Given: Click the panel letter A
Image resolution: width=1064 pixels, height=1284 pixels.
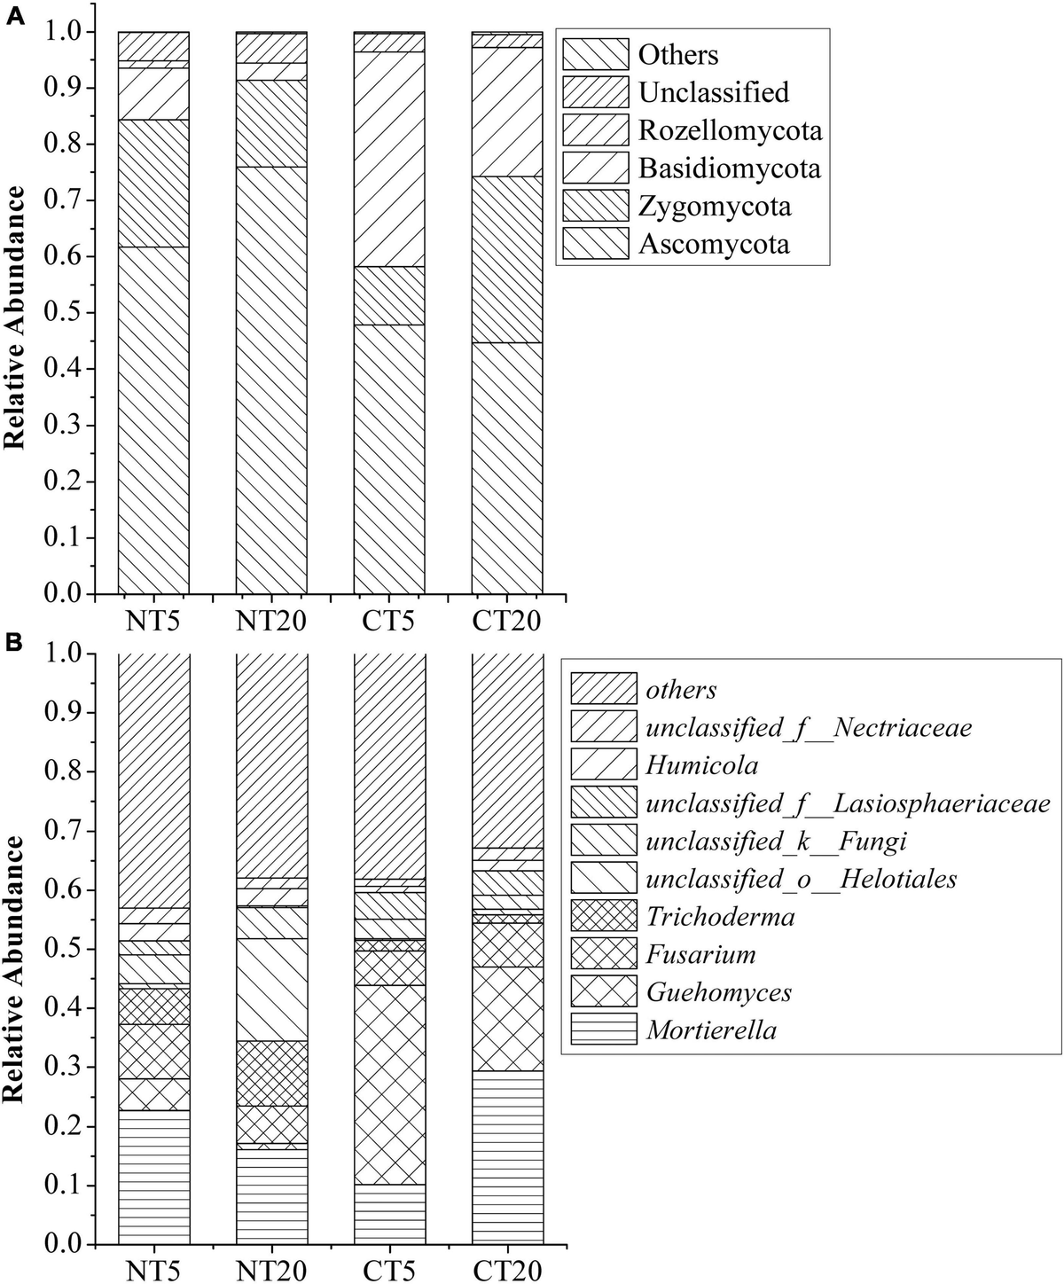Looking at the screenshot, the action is [15, 17].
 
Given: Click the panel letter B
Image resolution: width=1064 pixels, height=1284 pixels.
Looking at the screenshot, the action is [14, 643].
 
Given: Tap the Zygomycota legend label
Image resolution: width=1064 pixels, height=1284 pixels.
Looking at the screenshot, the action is [715, 206].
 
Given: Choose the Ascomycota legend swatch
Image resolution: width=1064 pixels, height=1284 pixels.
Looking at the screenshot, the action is [596, 244].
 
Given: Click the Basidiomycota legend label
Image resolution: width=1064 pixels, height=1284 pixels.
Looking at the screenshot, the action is [730, 168].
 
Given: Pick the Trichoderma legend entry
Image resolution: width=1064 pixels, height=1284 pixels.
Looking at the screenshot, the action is [684, 916].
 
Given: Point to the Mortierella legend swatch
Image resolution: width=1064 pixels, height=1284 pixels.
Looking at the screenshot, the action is [604, 1030].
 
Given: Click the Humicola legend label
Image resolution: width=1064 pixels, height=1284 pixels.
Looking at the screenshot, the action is [701, 765].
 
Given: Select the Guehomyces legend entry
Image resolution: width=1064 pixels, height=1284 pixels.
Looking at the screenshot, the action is [682, 992].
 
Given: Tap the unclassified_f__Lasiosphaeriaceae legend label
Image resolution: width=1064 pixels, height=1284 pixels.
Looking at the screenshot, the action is [849, 803].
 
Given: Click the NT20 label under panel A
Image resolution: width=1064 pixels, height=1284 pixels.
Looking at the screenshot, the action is [271, 621].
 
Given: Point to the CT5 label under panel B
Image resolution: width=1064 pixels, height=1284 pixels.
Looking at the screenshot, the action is [388, 1269].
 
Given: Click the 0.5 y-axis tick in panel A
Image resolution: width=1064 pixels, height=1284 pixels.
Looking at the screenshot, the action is [63, 313].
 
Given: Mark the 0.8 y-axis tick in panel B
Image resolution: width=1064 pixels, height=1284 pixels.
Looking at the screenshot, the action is [63, 771].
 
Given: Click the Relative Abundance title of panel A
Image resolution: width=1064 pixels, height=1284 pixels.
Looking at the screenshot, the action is [14, 318].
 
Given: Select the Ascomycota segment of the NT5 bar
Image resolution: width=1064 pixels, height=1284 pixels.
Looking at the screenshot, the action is [153, 420].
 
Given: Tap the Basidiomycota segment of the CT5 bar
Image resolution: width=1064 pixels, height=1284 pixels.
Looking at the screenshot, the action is [388, 159].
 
